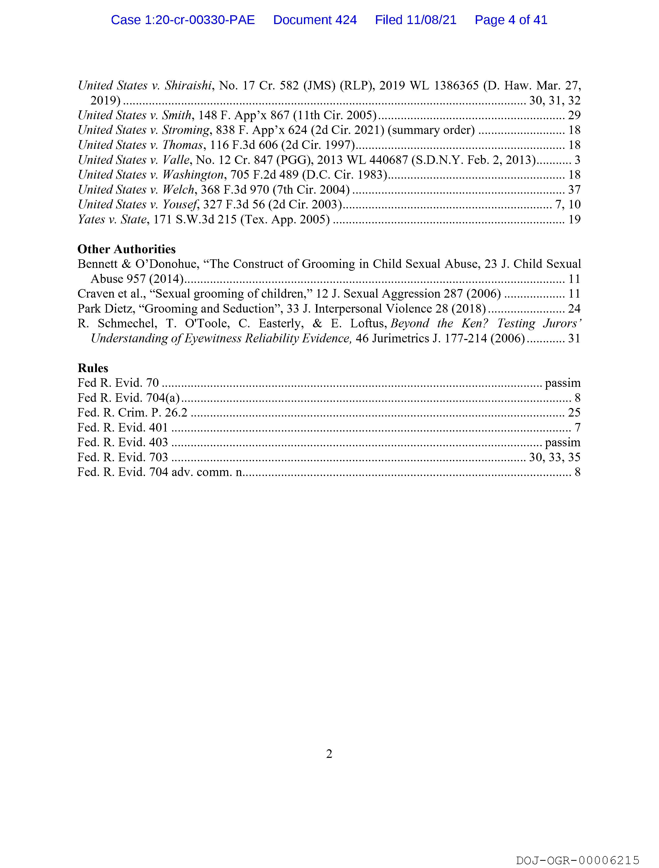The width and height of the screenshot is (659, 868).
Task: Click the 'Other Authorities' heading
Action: click(126, 249)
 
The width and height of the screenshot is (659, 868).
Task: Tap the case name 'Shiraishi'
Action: click(188, 86)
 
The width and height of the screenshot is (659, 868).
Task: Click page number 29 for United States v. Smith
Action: click(574, 115)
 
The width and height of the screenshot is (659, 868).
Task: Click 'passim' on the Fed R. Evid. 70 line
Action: click(562, 383)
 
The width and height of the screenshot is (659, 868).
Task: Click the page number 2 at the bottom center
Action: click(329, 754)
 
